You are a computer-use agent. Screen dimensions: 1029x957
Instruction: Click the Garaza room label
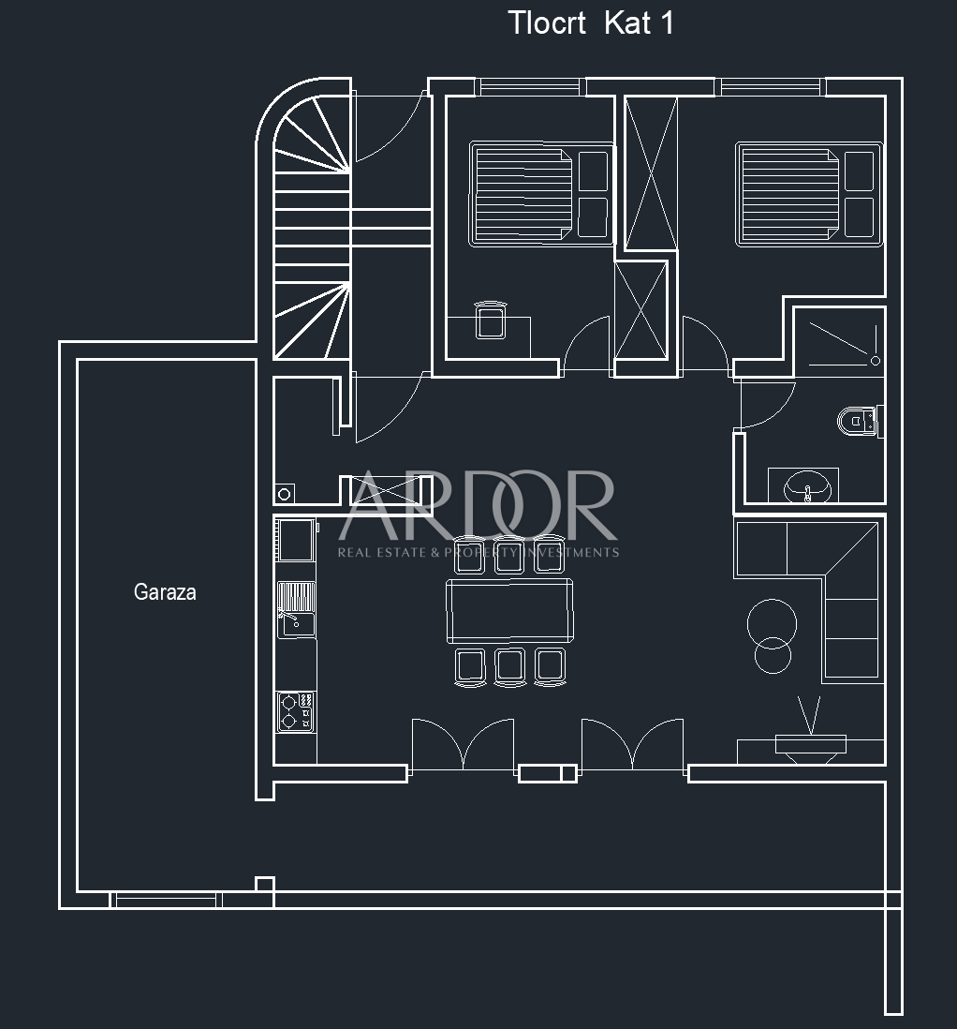click(165, 592)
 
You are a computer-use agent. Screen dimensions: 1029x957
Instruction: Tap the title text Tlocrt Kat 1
click(591, 23)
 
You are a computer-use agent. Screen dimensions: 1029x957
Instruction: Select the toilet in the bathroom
click(856, 421)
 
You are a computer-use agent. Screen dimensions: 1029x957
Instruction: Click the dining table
click(509, 609)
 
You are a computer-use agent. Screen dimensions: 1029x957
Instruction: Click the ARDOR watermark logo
click(478, 512)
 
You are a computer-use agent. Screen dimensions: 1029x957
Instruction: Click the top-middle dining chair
click(508, 554)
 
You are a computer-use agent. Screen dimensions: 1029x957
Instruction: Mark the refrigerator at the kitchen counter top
click(296, 541)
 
